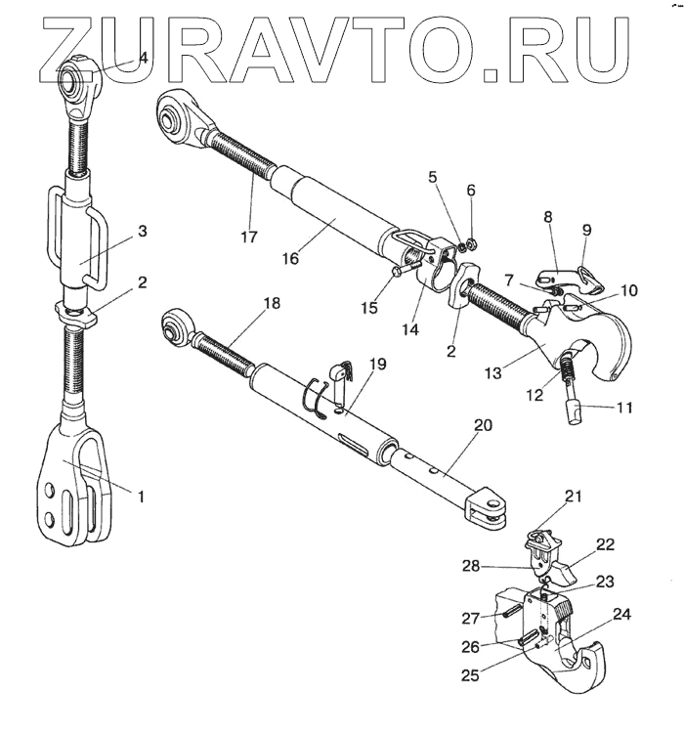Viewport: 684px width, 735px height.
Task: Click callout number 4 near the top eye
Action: [x=143, y=58]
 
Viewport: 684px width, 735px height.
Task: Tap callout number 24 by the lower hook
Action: [x=621, y=615]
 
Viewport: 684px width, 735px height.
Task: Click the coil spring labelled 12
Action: [x=568, y=369]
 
